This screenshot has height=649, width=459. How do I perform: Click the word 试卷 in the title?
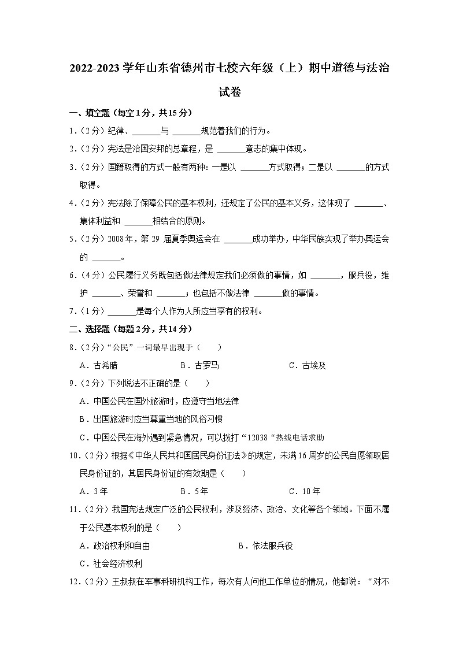(x=229, y=92)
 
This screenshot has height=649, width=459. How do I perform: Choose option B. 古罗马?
(x=199, y=365)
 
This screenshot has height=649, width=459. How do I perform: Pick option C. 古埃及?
(x=307, y=365)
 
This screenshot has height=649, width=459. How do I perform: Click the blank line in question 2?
(x=231, y=150)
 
